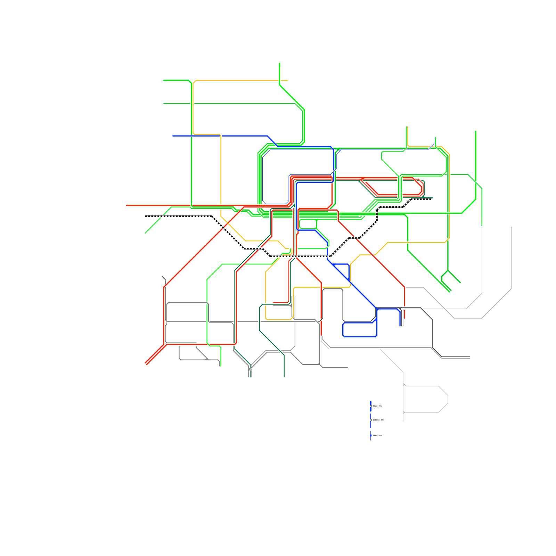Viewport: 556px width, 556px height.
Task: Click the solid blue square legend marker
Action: pos(371,435)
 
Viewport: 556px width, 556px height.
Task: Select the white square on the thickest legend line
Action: pos(371,406)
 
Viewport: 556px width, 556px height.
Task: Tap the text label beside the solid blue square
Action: pos(377,435)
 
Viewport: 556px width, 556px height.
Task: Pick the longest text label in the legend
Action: pos(378,420)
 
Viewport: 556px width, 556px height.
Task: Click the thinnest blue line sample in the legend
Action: pos(371,435)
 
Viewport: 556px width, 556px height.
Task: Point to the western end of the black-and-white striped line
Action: pos(145,216)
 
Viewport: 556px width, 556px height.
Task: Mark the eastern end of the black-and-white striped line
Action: pos(432,199)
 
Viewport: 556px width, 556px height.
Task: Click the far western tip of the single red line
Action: pos(126,205)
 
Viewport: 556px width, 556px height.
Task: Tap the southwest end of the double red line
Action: pos(146,364)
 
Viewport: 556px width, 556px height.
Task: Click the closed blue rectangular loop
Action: pos(360,329)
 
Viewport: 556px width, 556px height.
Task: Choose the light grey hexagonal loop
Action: pos(426,399)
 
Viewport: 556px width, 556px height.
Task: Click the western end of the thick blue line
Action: pos(173,136)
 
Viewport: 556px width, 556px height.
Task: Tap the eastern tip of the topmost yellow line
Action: pos(287,80)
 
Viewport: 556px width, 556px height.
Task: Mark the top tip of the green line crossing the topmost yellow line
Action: pos(280,63)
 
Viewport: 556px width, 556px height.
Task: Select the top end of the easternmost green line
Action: pos(476,131)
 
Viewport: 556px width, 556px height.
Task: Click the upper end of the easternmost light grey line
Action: pos(511,227)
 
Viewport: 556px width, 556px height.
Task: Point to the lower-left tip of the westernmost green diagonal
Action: pos(145,233)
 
